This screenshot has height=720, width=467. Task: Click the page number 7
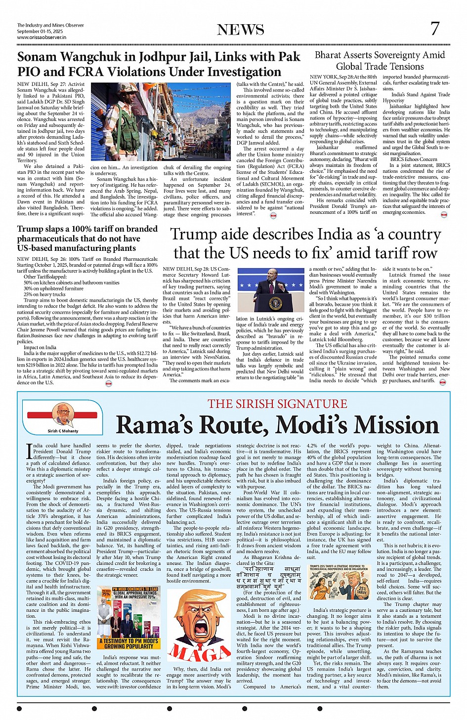[x=434, y=29]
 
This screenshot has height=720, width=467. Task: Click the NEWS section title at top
[x=241, y=30]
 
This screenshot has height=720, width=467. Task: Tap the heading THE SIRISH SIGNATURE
[x=277, y=403]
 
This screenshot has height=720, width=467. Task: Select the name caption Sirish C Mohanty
[x=63, y=431]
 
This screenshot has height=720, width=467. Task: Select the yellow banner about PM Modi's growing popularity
[x=128, y=643]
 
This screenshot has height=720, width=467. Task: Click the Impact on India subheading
[x=40, y=347]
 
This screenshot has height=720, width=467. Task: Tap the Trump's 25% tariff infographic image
[x=339, y=581]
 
